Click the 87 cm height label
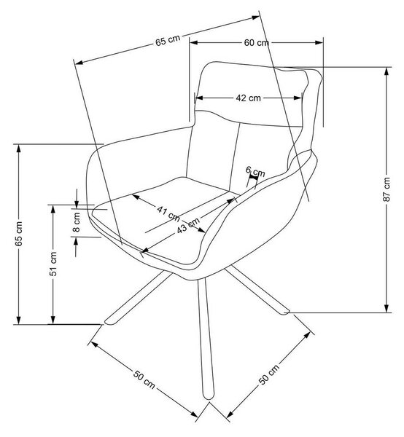tap(386, 189)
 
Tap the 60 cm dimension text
tap(257, 43)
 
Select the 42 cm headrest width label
tap(248, 98)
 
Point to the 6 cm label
tap(255, 172)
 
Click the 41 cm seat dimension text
tap(168, 213)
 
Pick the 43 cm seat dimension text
tap(188, 225)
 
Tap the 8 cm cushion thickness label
tap(76, 222)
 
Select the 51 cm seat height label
tap(53, 264)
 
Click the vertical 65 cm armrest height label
tap(18, 234)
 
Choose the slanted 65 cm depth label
tap(168, 40)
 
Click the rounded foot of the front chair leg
tap(208, 395)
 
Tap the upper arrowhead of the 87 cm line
tap(386, 72)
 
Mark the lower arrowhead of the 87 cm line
tap(386, 307)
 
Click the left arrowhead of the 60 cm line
tap(194, 43)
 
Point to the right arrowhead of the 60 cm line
tap(319, 43)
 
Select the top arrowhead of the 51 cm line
tap(53, 210)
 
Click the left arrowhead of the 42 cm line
tap(198, 98)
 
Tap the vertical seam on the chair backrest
tap(234, 157)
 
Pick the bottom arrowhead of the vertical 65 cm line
tap(18, 320)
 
